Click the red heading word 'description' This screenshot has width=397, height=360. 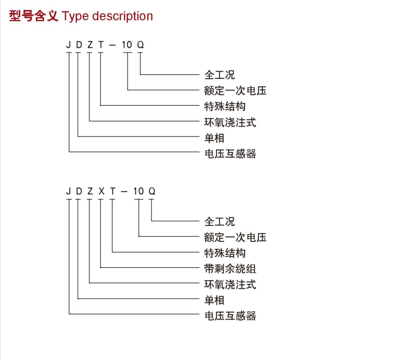point(123,16)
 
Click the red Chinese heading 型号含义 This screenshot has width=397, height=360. point(33,16)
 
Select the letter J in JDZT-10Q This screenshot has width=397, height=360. point(68,45)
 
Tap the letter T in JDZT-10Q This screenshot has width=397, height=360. point(101,45)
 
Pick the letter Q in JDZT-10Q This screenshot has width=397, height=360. point(140,45)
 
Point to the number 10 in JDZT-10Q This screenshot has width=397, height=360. point(127,45)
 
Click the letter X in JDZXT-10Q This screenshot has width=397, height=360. point(101,191)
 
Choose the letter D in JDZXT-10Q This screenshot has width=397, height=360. point(79,191)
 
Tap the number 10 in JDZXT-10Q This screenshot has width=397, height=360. point(138,191)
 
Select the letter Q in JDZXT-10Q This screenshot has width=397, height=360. point(152,191)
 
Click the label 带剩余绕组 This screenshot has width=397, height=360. point(230,269)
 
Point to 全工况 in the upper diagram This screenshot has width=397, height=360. point(220,75)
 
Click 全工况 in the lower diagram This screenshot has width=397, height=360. point(220,221)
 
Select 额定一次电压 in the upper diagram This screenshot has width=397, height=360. point(235,91)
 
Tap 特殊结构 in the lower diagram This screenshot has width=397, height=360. point(225,253)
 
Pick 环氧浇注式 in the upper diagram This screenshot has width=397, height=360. point(230,122)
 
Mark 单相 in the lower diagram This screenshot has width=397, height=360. point(214,300)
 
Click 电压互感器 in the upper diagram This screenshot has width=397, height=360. point(231,154)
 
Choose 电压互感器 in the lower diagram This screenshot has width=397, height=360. point(231,316)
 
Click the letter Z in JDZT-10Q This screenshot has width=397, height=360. point(90,45)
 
